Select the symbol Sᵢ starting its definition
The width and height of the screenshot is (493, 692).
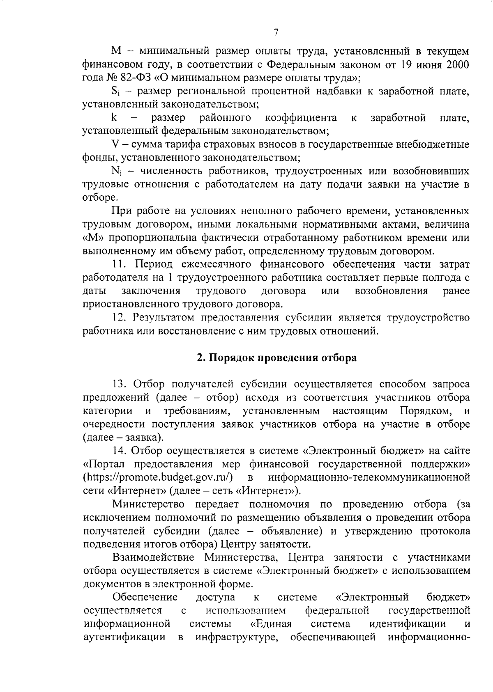click(115, 92)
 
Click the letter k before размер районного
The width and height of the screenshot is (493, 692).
click(114, 118)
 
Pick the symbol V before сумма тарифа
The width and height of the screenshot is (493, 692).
click(115, 145)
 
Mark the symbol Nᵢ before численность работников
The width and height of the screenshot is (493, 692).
click(115, 171)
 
